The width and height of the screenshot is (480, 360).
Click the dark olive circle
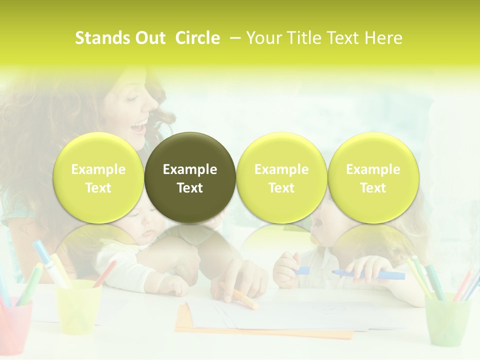click(190, 177)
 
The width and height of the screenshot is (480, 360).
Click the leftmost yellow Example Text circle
click(98, 177)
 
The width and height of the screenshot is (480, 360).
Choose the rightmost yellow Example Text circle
click(373, 177)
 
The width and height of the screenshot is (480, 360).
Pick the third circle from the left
click(281, 177)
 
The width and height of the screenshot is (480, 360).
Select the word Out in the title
click(150, 38)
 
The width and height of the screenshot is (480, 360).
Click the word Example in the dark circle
click(190, 169)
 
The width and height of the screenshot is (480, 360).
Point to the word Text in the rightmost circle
click(373, 188)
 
